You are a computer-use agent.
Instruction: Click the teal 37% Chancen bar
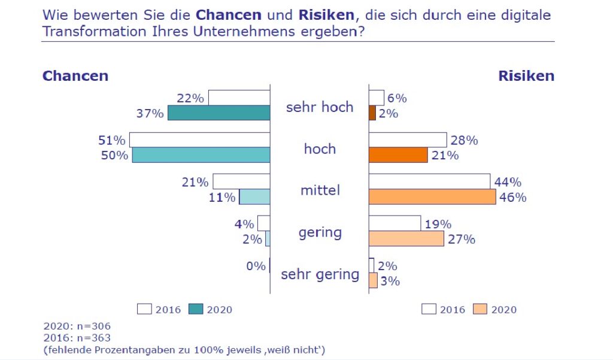point(219,113)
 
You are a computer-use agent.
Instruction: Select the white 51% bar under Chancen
point(200,140)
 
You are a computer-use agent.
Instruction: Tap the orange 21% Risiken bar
point(398,155)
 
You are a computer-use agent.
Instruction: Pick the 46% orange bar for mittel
point(432,196)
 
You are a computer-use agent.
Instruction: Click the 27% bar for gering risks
point(406,238)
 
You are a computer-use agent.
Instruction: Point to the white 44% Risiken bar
point(430,181)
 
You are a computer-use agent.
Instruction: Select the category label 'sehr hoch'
point(320,108)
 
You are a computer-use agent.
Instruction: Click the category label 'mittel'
point(320,190)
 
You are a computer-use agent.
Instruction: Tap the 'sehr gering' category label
point(320,275)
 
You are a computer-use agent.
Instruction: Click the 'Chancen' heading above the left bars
point(75,76)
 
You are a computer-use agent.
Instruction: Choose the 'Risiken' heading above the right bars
point(526,76)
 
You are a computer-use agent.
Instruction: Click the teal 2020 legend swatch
point(196,309)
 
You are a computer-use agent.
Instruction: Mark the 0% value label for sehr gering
point(256,266)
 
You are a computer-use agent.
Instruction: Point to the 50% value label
point(114,155)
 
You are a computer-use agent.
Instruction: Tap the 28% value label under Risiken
point(464,141)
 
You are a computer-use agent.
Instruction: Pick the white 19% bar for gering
point(394,223)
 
